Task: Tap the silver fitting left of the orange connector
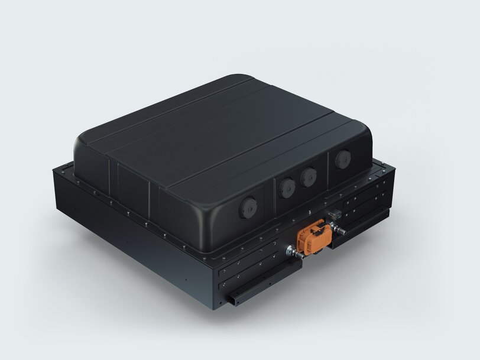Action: pos(291,252)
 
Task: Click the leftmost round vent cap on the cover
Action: pos(247,207)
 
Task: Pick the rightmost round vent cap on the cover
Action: pos(342,159)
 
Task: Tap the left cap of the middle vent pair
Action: pos(287,187)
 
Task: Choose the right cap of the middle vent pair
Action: pos(307,176)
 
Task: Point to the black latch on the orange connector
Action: pos(320,227)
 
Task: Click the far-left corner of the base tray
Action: pos(53,171)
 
